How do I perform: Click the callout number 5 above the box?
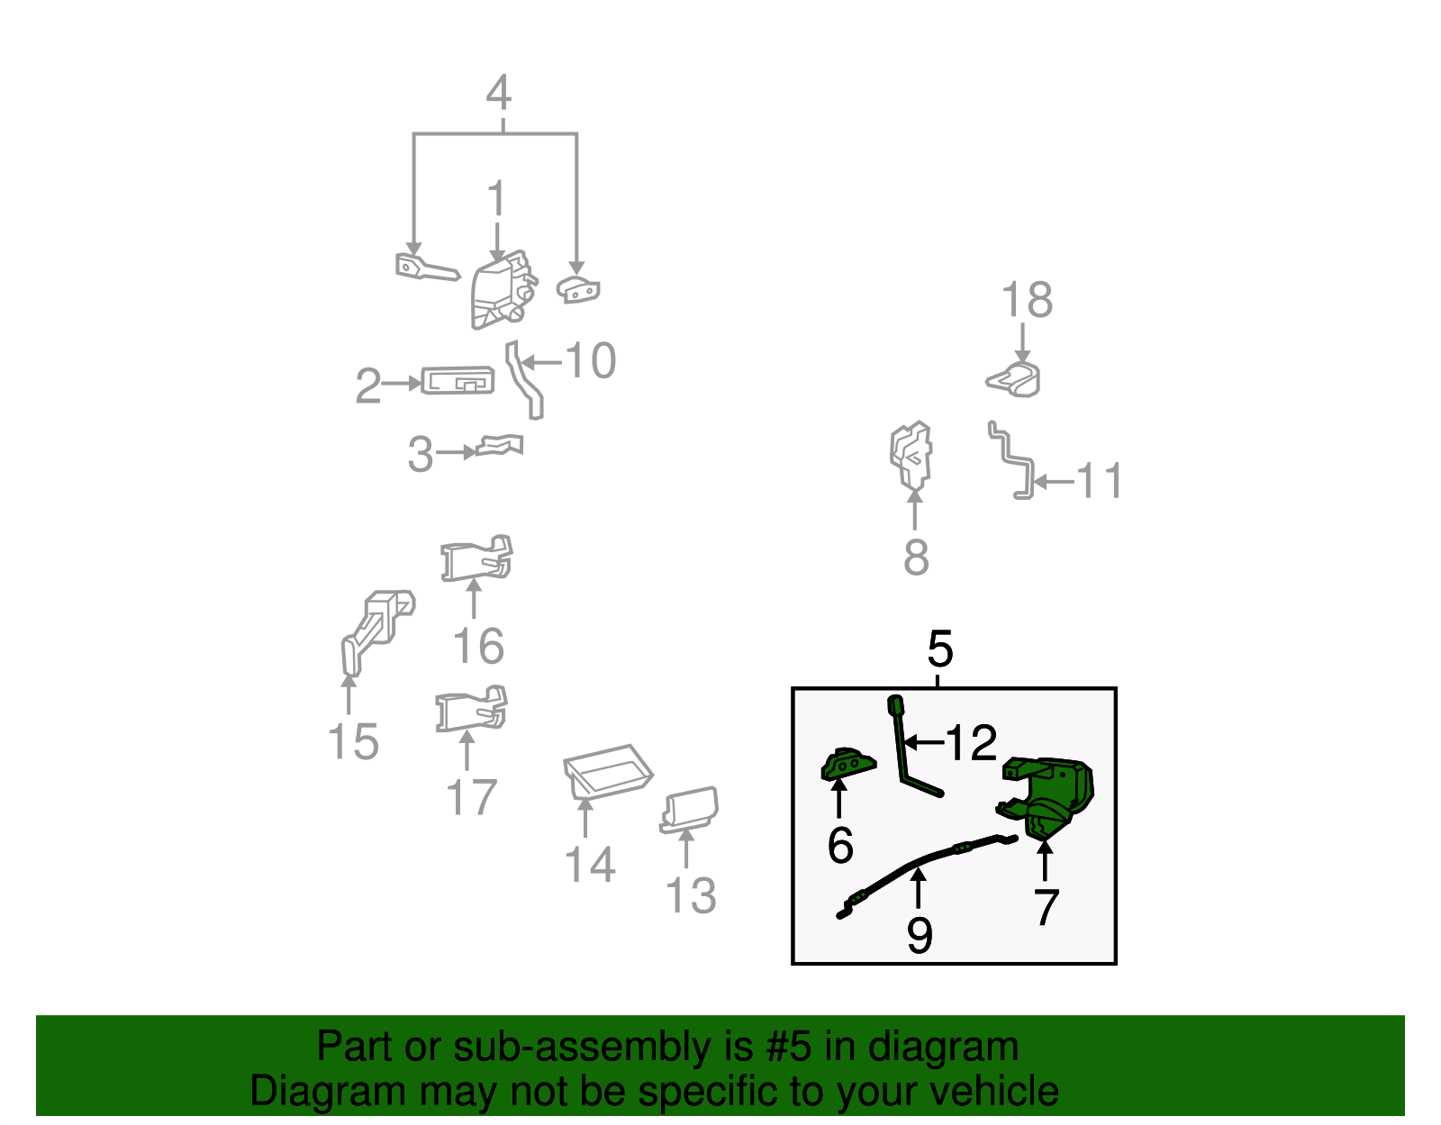(x=939, y=649)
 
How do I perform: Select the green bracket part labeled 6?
(x=847, y=765)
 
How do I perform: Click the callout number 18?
(x=1027, y=300)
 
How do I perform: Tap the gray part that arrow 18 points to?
(x=1015, y=378)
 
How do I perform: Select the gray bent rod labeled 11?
(x=1012, y=459)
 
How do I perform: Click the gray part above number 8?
(x=911, y=455)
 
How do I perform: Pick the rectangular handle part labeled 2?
(x=458, y=381)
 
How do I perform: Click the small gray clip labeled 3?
(x=500, y=445)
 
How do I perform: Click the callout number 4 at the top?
(x=498, y=94)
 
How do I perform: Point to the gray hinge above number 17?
(x=471, y=710)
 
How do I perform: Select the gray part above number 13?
(x=690, y=808)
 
